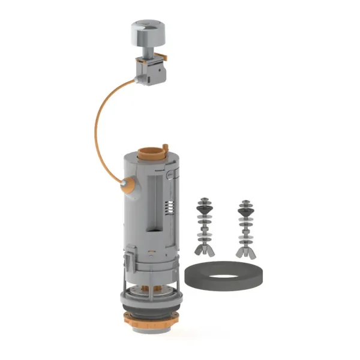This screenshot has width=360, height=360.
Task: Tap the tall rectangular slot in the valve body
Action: pyautogui.click(x=151, y=204)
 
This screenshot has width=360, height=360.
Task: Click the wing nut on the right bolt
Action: pyautogui.click(x=245, y=248)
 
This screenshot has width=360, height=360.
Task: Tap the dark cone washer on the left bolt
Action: pyautogui.click(x=205, y=209)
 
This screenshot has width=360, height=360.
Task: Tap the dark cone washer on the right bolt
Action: pyautogui.click(x=245, y=209)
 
